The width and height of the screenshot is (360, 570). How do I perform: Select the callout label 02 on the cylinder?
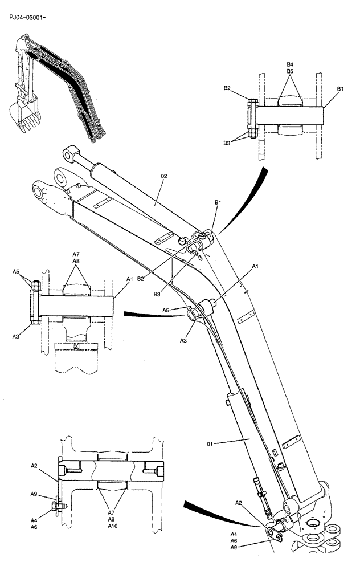pos(164,177)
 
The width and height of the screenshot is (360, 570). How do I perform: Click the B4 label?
pos(289,64)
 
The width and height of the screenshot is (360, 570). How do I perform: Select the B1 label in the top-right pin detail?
pos(340,89)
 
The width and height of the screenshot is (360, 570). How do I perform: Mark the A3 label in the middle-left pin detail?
pos(17,337)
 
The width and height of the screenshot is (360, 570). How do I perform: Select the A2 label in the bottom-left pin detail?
pos(34,466)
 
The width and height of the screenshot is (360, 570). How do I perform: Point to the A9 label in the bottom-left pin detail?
pos(34,494)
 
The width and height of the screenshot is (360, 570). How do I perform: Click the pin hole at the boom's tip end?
pos(42,192)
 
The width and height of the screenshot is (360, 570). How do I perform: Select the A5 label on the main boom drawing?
pos(166,310)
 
